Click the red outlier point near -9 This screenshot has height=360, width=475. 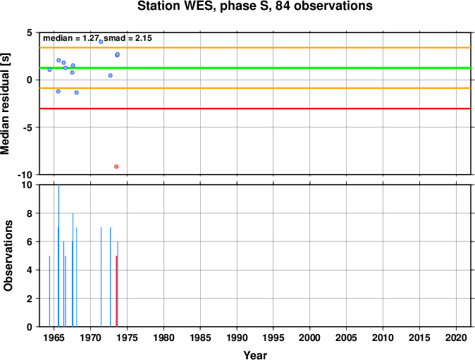coord(116,166)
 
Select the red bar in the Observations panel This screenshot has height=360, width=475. coord(116,291)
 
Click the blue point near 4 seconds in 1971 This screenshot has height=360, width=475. coord(101,42)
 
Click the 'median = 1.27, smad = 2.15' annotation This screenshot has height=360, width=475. coord(97,38)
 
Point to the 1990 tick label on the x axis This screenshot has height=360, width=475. coord(237,337)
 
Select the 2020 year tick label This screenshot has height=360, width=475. coord(456,337)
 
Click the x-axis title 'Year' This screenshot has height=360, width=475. coord(255,355)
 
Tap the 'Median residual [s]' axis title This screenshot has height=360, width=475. coord(6,104)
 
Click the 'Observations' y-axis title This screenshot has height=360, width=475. coord(8,256)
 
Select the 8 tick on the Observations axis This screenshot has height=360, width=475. coord(30,213)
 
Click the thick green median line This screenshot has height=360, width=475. coord(255,68)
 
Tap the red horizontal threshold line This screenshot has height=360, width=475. coord(255,108)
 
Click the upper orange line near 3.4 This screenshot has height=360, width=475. coord(255,47)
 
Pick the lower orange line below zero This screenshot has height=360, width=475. coord(255,88)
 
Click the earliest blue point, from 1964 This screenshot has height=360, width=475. coord(49,70)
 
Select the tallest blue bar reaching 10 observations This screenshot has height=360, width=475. coord(58,256)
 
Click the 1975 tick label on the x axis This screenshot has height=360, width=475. coord(128,337)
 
